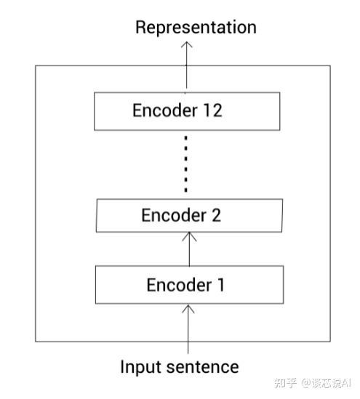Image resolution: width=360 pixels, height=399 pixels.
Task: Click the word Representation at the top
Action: (196, 28)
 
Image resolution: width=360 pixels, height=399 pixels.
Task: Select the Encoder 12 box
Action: (187, 111)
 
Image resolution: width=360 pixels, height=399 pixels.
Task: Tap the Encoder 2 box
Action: (189, 216)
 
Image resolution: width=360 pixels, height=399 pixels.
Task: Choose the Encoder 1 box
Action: (189, 285)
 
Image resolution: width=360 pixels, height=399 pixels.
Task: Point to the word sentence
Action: (202, 368)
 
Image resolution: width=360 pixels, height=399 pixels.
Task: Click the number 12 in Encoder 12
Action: (212, 110)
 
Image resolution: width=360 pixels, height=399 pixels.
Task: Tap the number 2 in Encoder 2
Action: (216, 215)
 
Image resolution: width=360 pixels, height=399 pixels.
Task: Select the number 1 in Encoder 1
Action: (220, 285)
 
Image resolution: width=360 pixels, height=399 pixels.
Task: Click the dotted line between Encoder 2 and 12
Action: (186, 164)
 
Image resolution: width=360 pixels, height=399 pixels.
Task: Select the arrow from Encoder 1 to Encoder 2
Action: (189, 249)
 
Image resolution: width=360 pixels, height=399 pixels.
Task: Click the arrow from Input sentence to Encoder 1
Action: (188, 329)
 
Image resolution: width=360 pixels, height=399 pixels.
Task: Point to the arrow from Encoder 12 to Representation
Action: (187, 65)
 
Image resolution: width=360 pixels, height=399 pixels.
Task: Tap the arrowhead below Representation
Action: (187, 45)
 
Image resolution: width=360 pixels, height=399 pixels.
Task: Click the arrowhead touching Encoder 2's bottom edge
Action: (189, 236)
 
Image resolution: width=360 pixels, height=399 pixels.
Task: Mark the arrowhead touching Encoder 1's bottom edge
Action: (188, 308)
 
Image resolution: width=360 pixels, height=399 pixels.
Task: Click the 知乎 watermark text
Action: (286, 383)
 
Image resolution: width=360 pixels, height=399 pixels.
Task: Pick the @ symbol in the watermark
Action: (306, 383)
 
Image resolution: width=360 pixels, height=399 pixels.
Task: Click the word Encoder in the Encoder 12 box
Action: (165, 110)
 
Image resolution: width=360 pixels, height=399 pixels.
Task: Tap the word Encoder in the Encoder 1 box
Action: (179, 285)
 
